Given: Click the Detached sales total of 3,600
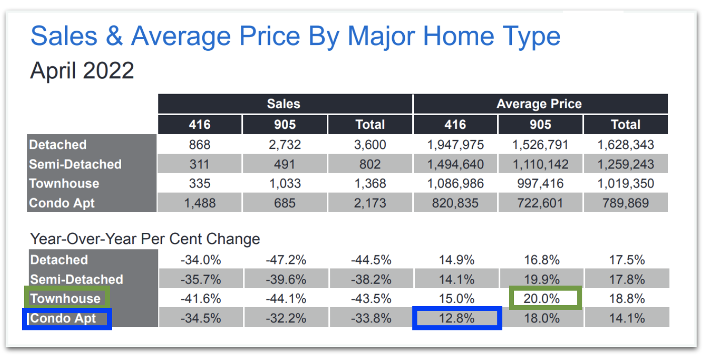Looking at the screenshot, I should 370,145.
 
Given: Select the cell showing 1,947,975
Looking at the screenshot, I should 455,145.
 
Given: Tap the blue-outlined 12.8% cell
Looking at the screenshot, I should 457,318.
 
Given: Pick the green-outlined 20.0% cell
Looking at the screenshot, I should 545,298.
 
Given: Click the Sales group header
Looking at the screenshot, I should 284,104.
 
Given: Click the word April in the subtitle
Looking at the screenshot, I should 52,70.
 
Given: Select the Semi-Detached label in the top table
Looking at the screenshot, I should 75,164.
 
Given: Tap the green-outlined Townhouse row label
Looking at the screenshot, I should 65,299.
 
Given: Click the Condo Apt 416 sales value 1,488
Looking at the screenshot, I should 200,203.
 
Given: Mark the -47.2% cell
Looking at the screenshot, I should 285,260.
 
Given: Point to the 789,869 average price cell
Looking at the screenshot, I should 626,203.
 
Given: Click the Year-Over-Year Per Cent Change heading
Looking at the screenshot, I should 145,238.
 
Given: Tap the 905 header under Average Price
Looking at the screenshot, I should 540,125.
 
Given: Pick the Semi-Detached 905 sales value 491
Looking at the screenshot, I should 285,164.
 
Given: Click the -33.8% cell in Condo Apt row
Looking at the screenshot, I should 371,318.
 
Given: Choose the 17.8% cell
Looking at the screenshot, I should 626,279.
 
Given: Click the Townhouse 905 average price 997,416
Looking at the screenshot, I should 540,184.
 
